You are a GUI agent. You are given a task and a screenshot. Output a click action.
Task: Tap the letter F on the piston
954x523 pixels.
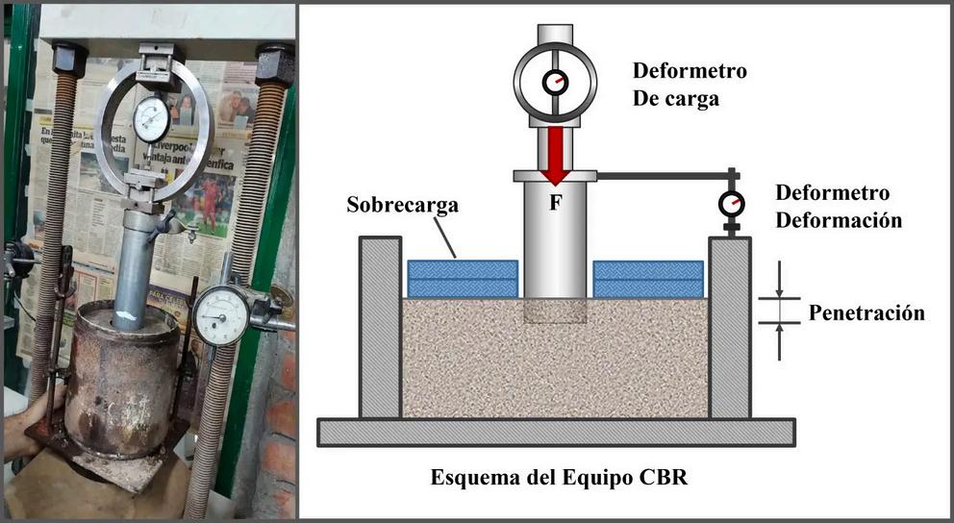(x=556, y=203)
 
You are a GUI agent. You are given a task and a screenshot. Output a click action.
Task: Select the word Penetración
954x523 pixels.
(x=866, y=312)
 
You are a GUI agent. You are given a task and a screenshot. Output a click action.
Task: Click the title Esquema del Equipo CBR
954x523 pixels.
(x=559, y=477)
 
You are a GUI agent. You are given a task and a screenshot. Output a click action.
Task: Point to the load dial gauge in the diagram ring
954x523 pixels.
(x=556, y=83)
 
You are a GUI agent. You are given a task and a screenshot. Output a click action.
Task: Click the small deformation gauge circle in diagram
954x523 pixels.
(x=732, y=204)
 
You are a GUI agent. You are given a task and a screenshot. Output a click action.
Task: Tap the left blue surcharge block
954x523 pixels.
(x=463, y=279)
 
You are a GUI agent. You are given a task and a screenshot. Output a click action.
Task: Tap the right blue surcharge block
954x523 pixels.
(x=649, y=279)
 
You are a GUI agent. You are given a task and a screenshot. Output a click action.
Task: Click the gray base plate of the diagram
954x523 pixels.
(x=556, y=433)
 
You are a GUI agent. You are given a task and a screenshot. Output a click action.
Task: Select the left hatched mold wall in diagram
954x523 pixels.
(x=380, y=327)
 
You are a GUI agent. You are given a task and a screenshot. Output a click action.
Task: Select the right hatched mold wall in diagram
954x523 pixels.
(x=730, y=327)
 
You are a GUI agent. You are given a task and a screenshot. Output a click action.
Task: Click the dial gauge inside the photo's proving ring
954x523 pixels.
(x=151, y=119)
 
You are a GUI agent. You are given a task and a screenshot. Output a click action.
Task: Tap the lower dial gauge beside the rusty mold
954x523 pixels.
(x=221, y=316)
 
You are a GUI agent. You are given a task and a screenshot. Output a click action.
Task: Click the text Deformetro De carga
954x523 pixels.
(x=689, y=85)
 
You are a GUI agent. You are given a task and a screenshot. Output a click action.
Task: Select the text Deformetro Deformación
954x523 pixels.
(x=838, y=206)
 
